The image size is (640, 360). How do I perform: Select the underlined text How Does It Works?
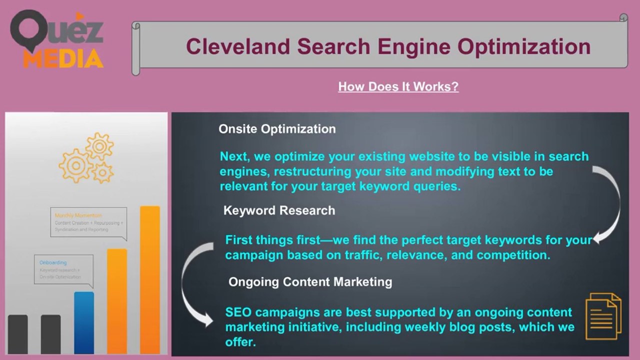[x=398, y=86]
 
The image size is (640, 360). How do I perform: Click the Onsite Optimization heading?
[x=277, y=129]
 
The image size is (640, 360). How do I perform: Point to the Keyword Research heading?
[x=279, y=210]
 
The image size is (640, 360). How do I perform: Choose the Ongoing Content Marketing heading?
[x=310, y=282]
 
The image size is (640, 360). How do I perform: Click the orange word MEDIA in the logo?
[x=63, y=59]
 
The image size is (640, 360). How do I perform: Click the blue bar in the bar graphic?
[x=84, y=322]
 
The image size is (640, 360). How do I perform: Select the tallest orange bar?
[x=150, y=280]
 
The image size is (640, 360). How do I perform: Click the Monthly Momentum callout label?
[x=78, y=215]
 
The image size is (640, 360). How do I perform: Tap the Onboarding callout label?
[x=53, y=262]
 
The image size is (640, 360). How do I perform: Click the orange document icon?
[x=603, y=316]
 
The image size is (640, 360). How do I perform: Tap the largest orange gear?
[x=75, y=165]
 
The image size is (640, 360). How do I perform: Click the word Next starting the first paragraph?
[x=234, y=156]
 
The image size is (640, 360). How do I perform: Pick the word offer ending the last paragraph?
[x=240, y=343]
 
